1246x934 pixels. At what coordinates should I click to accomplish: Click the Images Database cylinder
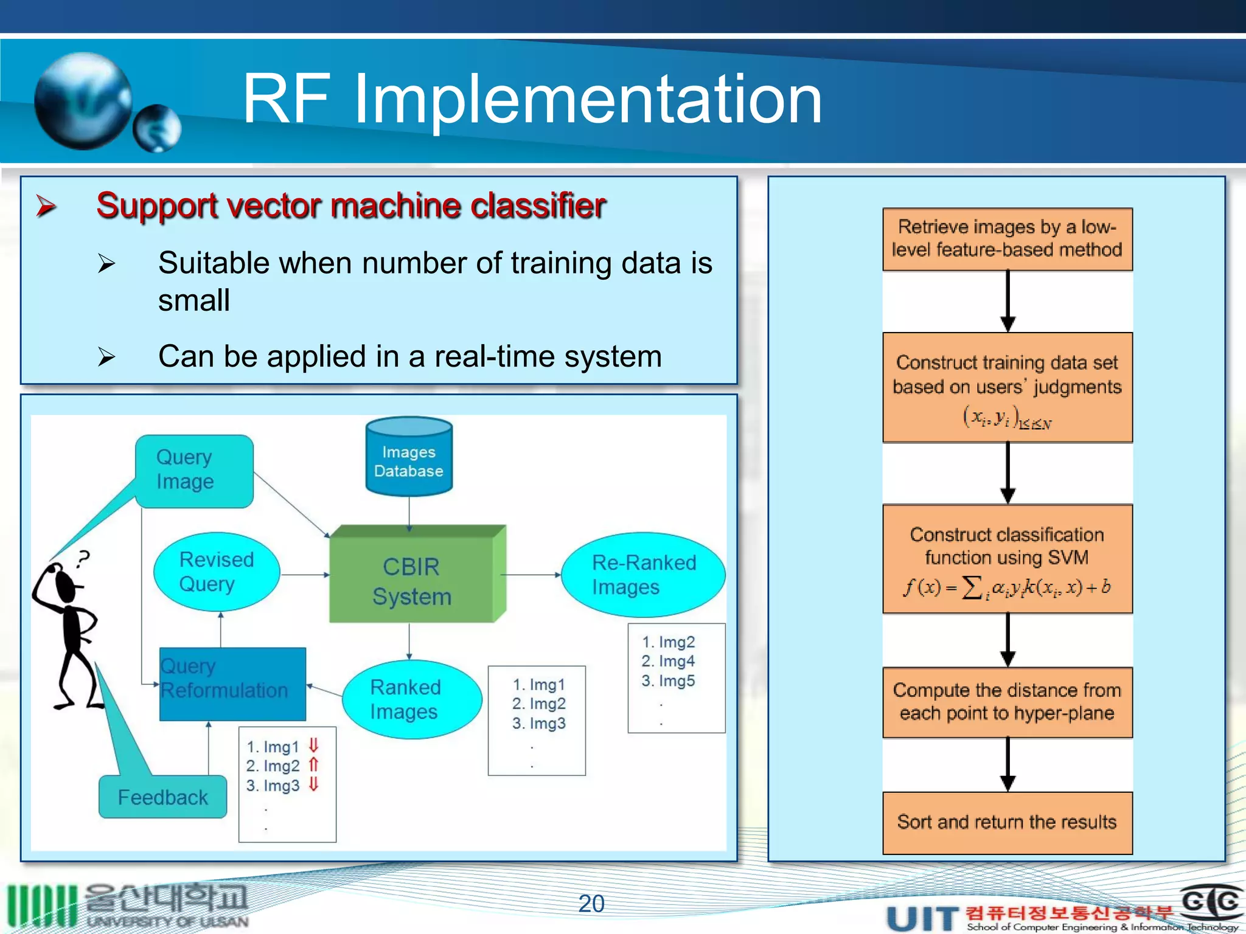point(409,457)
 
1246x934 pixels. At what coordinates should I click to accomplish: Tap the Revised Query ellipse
point(217,572)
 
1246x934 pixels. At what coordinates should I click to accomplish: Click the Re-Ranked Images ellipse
point(642,575)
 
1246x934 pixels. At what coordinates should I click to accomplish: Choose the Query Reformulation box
point(232,684)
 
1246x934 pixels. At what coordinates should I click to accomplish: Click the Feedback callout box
point(162,797)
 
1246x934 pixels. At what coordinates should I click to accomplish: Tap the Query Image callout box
point(193,470)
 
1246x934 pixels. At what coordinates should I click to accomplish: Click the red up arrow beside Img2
point(313,764)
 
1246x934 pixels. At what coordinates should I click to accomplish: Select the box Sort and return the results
point(1007,822)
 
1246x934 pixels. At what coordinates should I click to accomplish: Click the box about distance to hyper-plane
point(1007,702)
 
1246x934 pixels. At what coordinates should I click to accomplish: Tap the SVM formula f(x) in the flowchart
point(1007,587)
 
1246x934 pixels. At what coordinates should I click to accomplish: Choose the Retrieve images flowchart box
point(1007,238)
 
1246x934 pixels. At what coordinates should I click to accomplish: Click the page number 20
point(591,904)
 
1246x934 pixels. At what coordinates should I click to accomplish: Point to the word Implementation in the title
point(587,99)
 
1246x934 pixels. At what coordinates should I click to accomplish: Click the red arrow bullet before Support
point(46,206)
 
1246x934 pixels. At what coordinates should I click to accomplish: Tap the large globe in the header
point(83,101)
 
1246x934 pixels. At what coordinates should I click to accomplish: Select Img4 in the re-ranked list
point(668,661)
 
